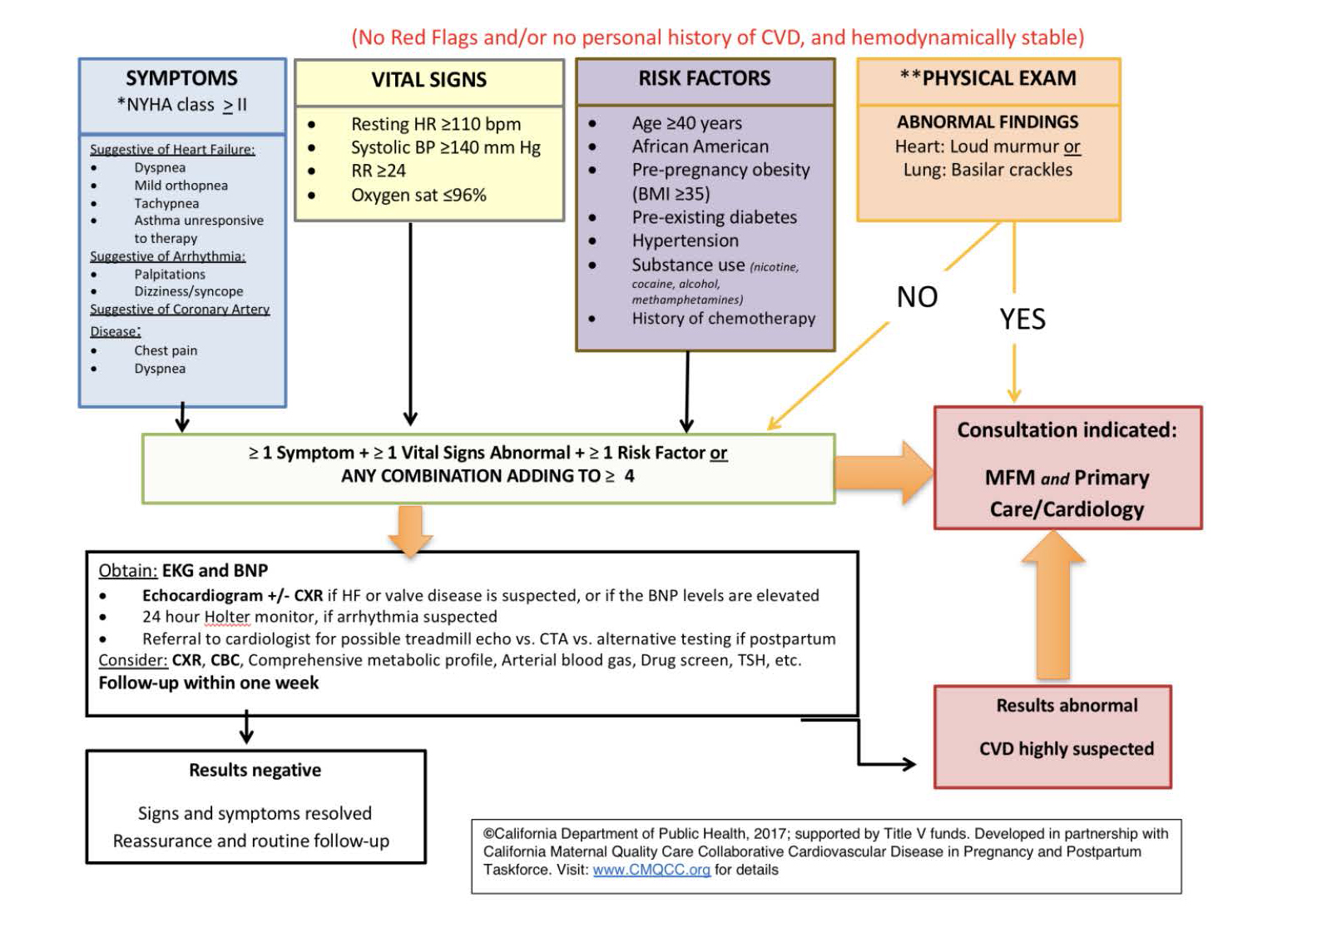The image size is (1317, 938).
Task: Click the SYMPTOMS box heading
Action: [181, 78]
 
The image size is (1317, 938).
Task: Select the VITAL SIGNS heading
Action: [428, 80]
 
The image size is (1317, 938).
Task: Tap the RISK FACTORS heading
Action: [704, 78]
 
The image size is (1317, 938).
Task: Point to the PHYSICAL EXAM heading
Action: [988, 78]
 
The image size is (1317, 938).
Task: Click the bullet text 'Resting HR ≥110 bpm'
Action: [435, 124]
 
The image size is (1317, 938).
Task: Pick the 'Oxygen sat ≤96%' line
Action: [418, 196]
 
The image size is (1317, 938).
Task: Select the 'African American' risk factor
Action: [700, 146]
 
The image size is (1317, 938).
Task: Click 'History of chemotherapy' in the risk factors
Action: [723, 319]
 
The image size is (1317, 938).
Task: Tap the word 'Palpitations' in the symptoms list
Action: [170, 275]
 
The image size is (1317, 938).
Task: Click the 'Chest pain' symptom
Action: [166, 351]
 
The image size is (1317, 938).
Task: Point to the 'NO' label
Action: [917, 297]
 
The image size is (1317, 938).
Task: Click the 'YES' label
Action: [1022, 320]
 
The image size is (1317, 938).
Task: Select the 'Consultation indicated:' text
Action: [1067, 430]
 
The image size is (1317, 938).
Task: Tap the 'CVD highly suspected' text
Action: [1066, 749]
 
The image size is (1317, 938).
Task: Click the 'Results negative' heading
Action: [255, 771]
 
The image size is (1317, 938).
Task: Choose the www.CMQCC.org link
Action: [651, 871]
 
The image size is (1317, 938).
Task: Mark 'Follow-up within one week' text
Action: [208, 683]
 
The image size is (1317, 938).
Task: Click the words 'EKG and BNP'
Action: [215, 571]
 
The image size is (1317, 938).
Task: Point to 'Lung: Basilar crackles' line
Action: [988, 170]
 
